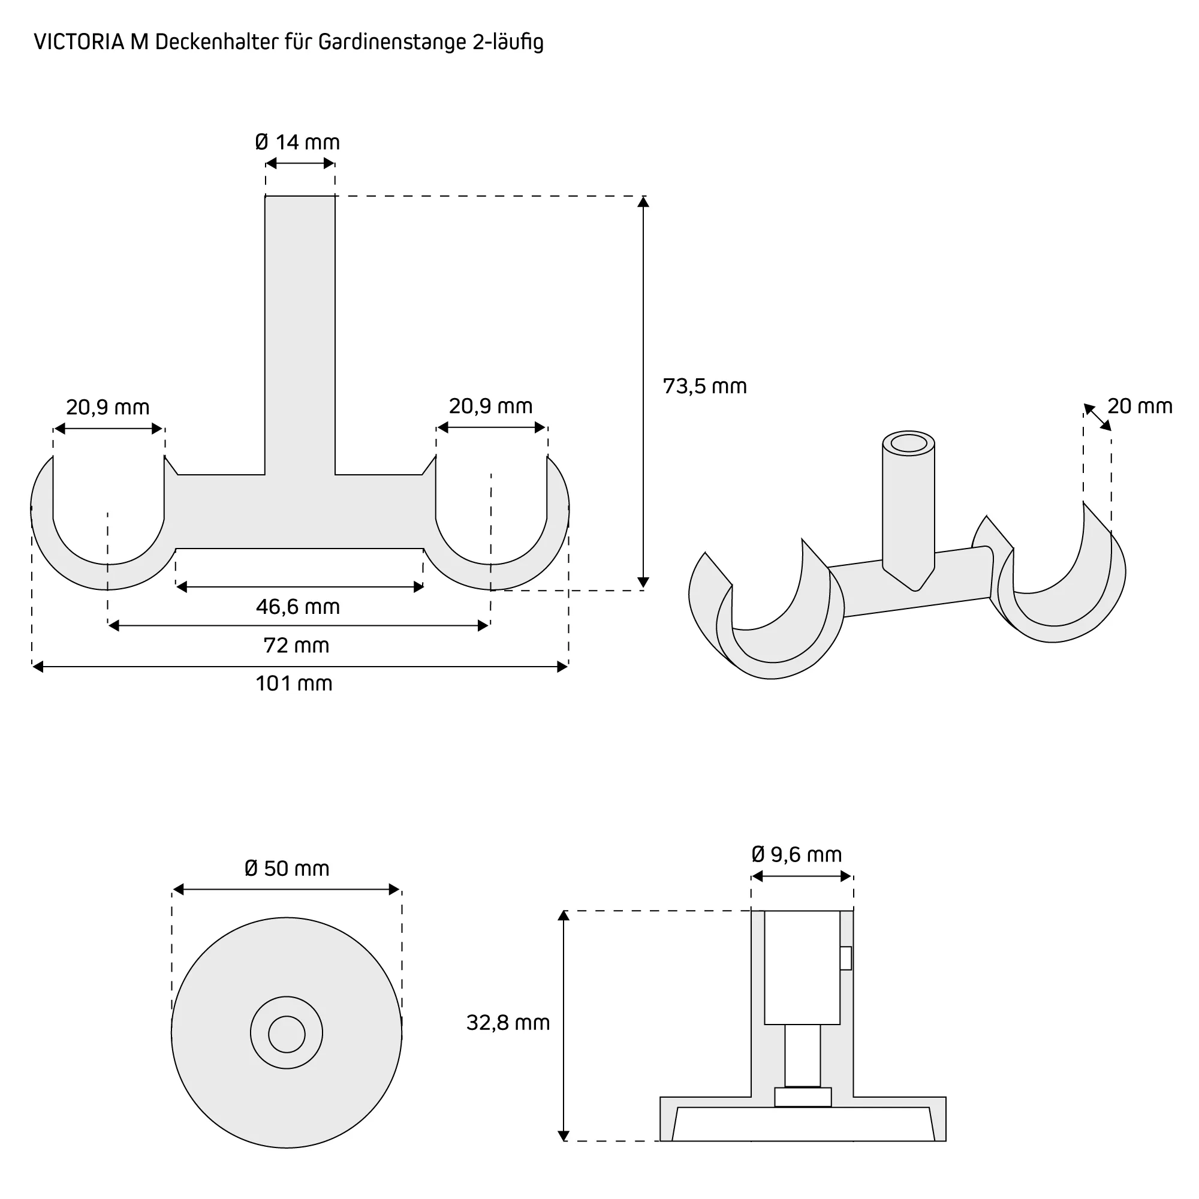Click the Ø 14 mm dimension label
click(297, 143)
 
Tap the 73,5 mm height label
click(704, 387)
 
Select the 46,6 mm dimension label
click(298, 606)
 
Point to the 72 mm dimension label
click(296, 646)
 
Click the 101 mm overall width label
click(294, 683)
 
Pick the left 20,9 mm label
click(108, 408)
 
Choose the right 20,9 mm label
click(491, 406)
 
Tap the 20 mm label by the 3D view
click(1140, 406)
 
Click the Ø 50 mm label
click(287, 868)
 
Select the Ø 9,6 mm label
click(796, 854)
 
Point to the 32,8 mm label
click(508, 1023)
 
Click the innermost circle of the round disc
click(287, 1035)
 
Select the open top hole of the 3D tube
click(909, 443)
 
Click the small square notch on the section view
click(845, 958)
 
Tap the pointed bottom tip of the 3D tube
click(914, 589)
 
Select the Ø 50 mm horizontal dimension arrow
click(287, 890)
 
